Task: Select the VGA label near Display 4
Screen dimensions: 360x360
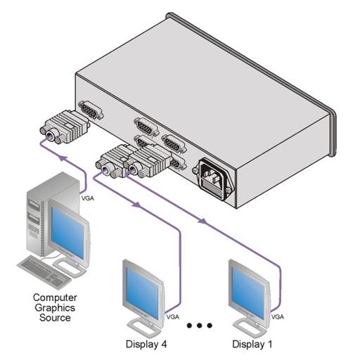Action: coord(173,317)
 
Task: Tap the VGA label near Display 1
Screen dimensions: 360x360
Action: coord(278,317)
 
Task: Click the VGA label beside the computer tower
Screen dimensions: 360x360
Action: coord(88,198)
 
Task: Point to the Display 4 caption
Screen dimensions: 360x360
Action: coord(146,345)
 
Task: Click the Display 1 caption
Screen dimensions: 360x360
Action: coord(252,345)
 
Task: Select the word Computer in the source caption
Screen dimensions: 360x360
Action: coord(55,298)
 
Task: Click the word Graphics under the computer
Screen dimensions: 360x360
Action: coord(55,308)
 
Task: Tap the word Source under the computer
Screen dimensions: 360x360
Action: coord(55,318)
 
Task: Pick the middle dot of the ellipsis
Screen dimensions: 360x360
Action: coord(200,326)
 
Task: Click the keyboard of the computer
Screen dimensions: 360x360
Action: coord(44,272)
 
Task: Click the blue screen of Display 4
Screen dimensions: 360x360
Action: coord(143,292)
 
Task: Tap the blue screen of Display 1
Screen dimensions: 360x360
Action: coord(248,292)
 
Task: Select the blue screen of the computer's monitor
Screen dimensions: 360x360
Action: coord(67,233)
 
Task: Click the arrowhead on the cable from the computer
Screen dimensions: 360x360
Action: coord(64,158)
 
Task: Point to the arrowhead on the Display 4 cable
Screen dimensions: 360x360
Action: coord(136,205)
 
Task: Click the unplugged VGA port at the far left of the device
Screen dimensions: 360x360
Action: coord(91,110)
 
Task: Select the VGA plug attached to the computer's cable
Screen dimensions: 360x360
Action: coord(65,127)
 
